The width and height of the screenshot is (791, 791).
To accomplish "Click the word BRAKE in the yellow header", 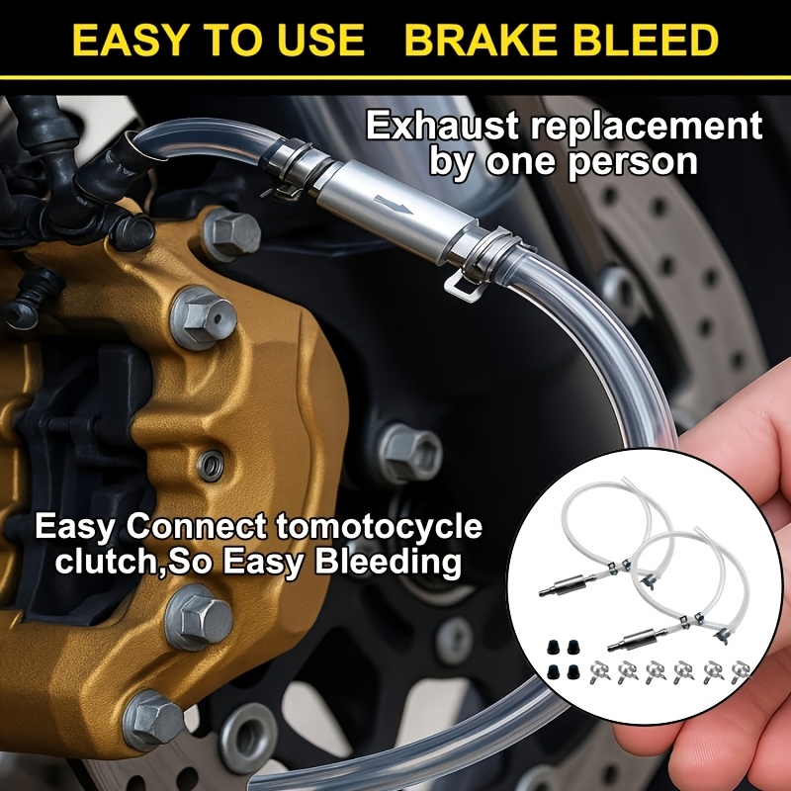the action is [x=481, y=40].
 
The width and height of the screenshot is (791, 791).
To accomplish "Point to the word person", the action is [x=633, y=162].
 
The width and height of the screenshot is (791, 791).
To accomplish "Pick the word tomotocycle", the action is [x=380, y=526].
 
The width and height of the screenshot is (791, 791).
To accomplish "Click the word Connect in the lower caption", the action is [x=196, y=526].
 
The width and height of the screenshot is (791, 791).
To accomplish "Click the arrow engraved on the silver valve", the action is [x=394, y=204].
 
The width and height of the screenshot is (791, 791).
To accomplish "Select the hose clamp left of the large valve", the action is [x=285, y=166].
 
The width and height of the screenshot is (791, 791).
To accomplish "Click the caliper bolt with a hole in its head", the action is [x=204, y=317].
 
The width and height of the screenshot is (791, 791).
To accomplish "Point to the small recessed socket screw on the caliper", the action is [x=211, y=465].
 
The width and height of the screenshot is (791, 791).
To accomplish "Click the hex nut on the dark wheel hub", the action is [x=410, y=453].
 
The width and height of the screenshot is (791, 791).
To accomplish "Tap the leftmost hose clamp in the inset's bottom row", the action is [x=600, y=672].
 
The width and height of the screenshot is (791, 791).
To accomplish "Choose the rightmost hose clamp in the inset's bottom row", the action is [x=741, y=672].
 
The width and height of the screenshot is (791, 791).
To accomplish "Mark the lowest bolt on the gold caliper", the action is [x=153, y=720].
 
